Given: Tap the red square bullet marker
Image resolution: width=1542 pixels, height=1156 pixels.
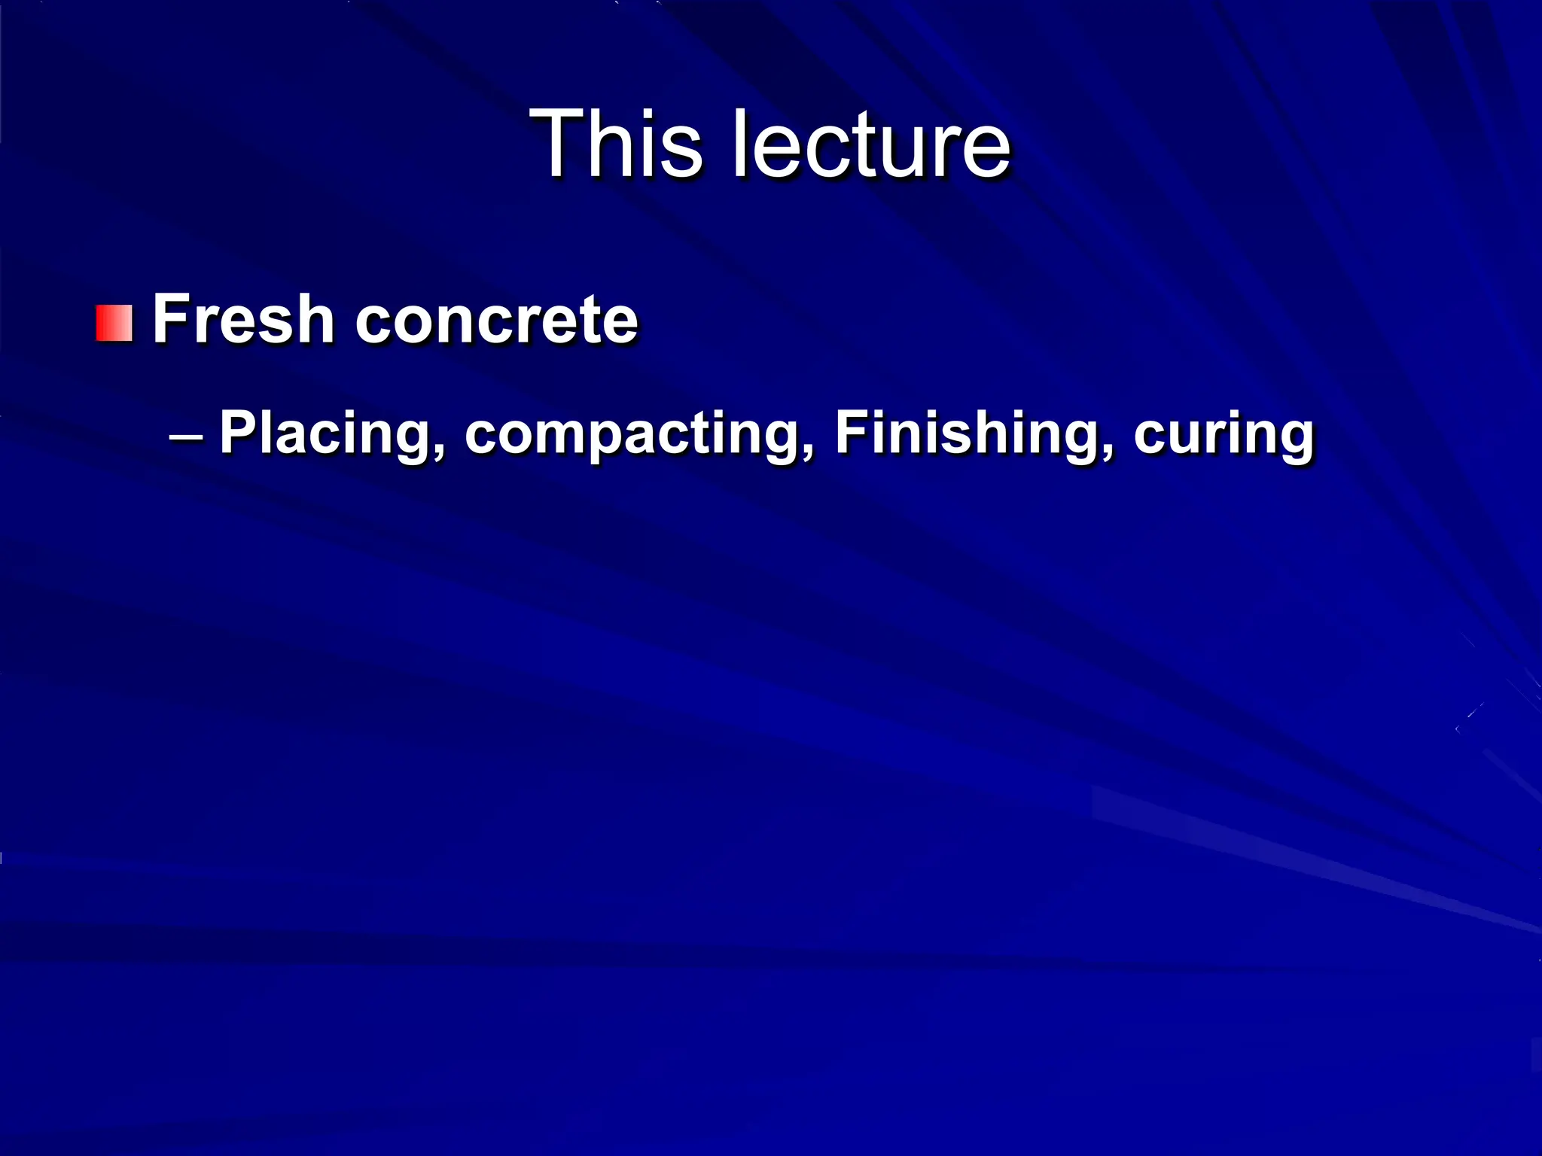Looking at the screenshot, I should [114, 323].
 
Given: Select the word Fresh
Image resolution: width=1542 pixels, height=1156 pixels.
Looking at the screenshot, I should [243, 319].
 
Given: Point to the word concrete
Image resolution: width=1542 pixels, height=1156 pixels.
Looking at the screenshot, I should [496, 321].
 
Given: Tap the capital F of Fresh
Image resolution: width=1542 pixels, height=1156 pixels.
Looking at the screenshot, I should [170, 319].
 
